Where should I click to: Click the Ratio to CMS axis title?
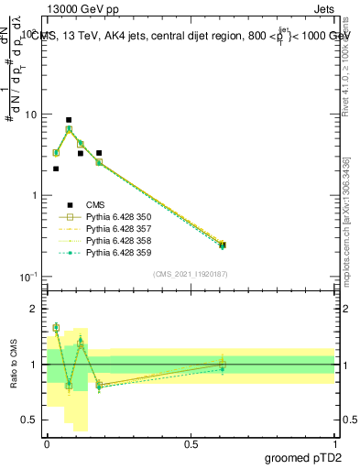(13, 364)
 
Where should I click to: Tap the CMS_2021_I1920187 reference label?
(191, 273)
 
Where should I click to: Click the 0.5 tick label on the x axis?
(191, 442)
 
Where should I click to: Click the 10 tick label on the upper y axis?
(29, 115)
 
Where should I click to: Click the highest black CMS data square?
(69, 120)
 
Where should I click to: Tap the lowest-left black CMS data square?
(56, 169)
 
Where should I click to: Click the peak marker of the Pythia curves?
(69, 129)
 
